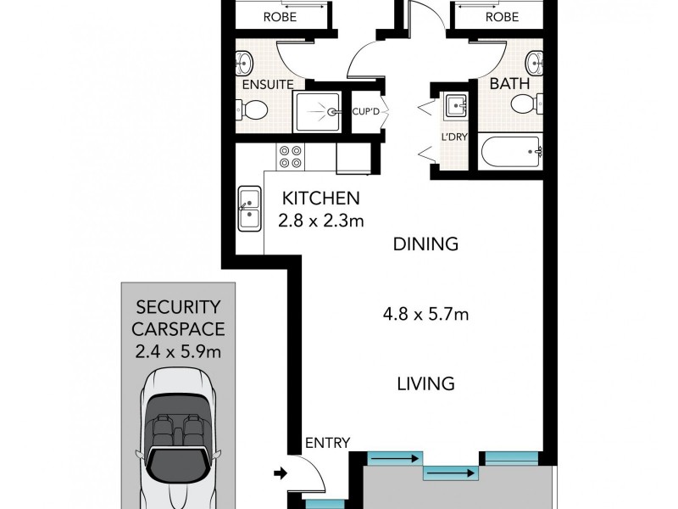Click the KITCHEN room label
coord(321,199)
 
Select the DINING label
coord(425,245)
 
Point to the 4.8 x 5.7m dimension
coord(425,316)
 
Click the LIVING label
coord(425,383)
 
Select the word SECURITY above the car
coord(178,306)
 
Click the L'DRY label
coord(449,137)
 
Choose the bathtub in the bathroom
coord(511,153)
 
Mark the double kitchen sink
coord(249,208)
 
